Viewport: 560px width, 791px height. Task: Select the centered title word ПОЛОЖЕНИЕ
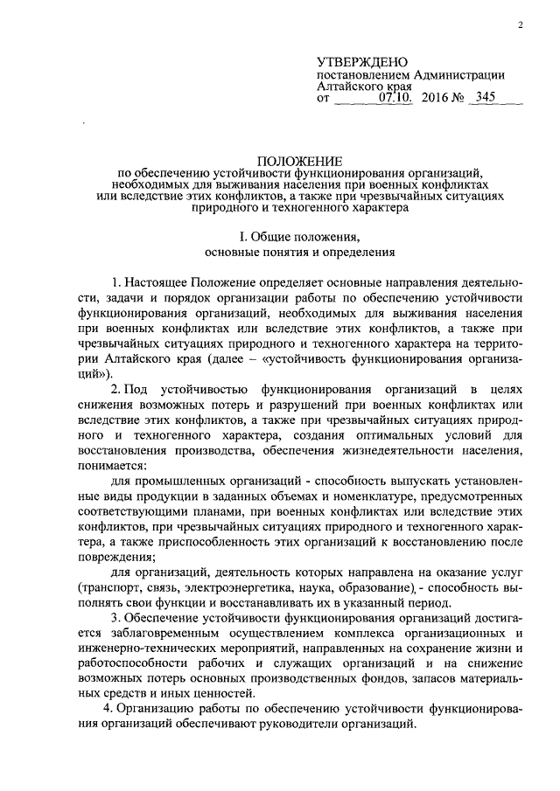pyautogui.click(x=300, y=161)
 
